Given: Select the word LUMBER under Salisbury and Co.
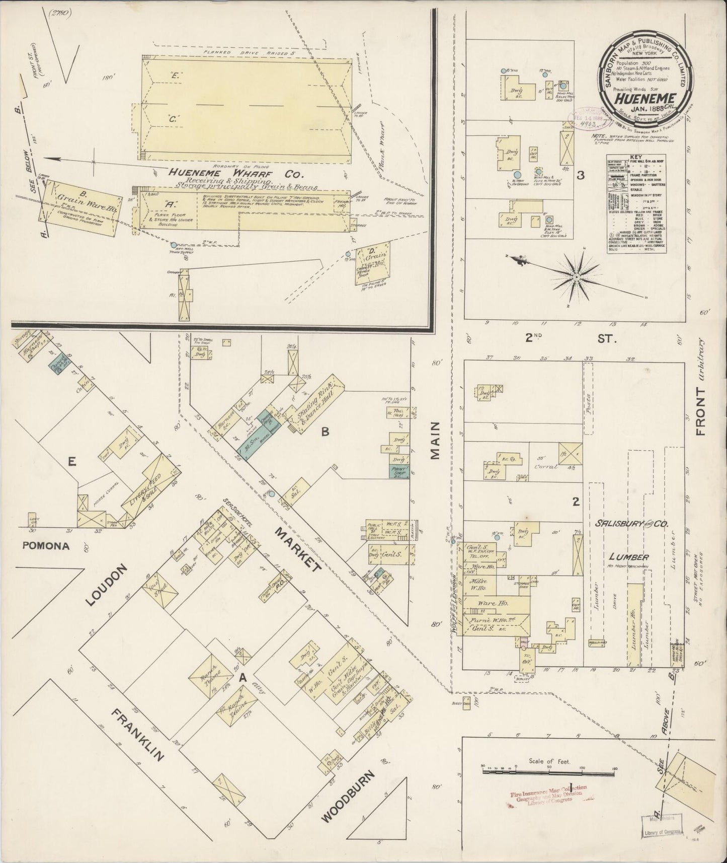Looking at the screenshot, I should pos(629,557).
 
